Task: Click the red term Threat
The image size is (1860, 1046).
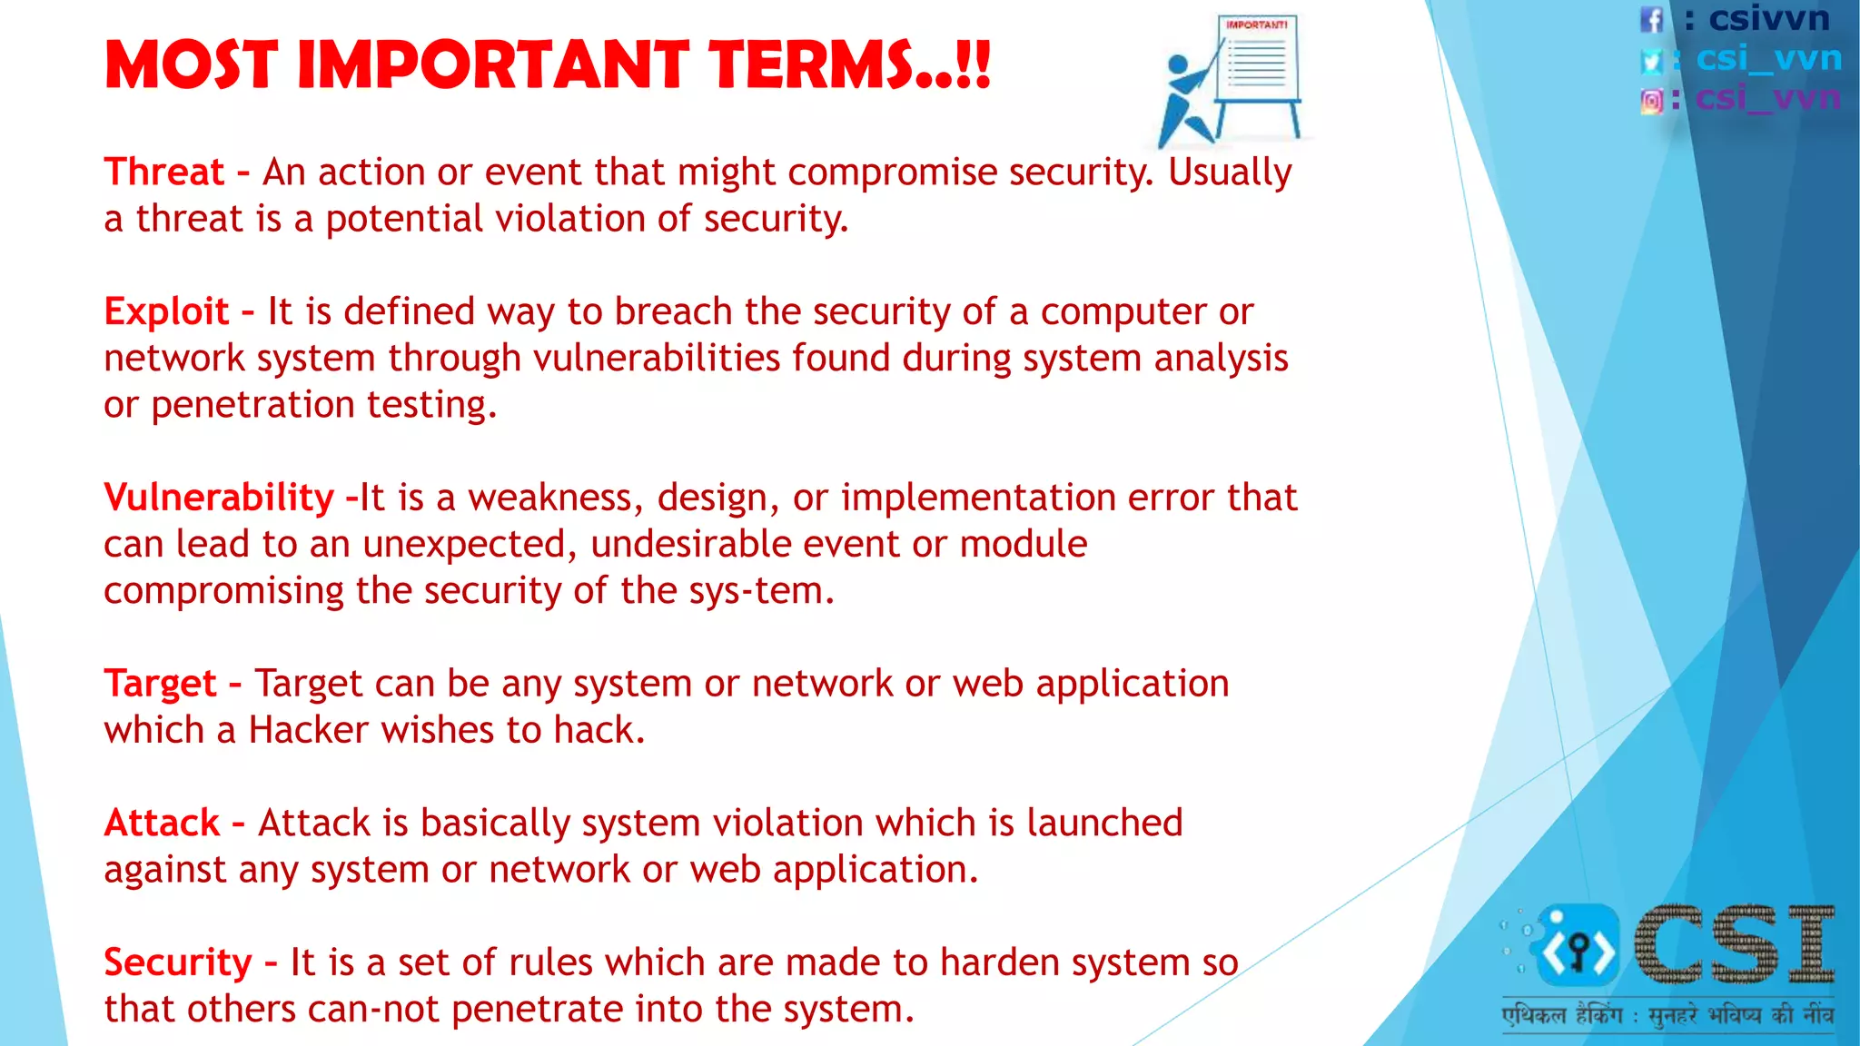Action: click(163, 173)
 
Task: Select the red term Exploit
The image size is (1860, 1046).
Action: click(166, 312)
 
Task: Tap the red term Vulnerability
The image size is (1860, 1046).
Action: click(219, 498)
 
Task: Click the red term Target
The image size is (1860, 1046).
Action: click(160, 684)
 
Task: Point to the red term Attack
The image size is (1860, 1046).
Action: click(162, 824)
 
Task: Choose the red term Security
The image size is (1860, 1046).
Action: click(178, 962)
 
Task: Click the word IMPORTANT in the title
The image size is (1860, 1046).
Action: click(493, 65)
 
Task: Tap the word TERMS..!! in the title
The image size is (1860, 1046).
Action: click(849, 65)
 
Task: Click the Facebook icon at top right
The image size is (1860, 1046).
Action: click(1652, 19)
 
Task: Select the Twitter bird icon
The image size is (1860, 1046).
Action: click(1652, 60)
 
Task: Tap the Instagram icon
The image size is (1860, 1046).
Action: click(1652, 100)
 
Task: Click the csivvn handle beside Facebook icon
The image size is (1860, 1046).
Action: click(1768, 18)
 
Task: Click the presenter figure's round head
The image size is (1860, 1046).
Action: click(1178, 65)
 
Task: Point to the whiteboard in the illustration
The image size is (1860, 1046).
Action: click(1259, 58)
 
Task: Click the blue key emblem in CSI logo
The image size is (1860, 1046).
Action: click(1578, 947)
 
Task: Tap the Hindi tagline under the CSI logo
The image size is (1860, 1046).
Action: click(1667, 1015)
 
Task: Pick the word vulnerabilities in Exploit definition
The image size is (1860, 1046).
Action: click(656, 359)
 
